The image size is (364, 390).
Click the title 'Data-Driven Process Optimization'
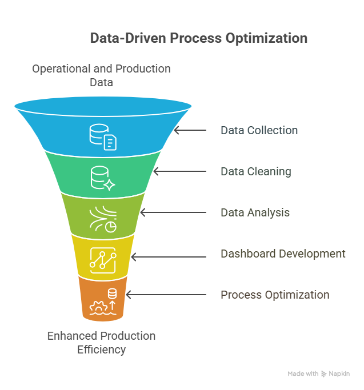199,38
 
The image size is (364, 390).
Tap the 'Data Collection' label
259,130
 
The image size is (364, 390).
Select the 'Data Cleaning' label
256,172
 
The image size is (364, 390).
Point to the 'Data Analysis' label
255,212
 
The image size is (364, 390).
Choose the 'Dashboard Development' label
283,254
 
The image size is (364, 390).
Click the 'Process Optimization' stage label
275,295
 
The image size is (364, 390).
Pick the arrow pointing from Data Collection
190,130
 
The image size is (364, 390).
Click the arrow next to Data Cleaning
180,171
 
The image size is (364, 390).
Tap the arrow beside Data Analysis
173,212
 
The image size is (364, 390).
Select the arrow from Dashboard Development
169,257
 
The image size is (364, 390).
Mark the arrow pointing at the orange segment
166,295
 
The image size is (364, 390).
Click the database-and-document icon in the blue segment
103,137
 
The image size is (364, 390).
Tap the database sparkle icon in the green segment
103,178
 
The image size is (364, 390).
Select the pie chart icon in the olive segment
111,227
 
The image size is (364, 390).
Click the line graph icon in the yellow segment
103,260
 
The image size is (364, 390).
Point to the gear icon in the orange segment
99,307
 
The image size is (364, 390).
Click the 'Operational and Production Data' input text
101,75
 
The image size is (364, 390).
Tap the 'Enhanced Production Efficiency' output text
101,343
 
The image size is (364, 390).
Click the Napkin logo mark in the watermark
323,374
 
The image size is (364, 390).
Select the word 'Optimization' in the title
266,38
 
